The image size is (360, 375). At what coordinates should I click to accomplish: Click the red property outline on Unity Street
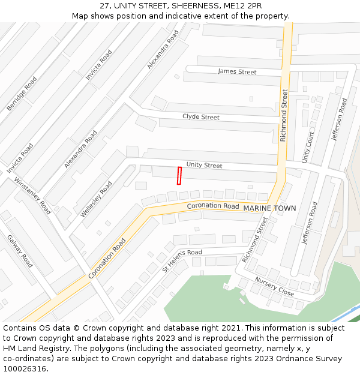tap(179, 175)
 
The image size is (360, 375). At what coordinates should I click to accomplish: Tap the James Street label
tap(237, 72)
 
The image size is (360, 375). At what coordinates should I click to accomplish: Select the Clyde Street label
tap(201, 117)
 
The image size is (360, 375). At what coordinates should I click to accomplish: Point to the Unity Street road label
tap(204, 165)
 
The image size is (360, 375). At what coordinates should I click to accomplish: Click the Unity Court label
tap(308, 147)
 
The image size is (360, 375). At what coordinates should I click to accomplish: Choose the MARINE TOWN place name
tap(269, 208)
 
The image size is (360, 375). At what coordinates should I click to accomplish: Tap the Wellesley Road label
tap(97, 199)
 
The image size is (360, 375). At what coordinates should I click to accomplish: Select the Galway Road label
tap(20, 251)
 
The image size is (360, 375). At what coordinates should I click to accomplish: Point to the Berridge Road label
tap(22, 94)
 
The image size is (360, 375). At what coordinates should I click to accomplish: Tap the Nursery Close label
tap(274, 286)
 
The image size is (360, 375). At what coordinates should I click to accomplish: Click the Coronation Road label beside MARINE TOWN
tap(213, 206)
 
